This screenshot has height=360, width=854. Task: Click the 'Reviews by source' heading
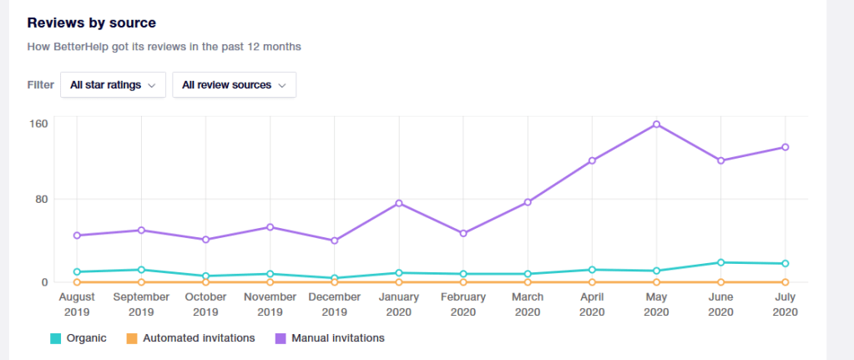[92, 23]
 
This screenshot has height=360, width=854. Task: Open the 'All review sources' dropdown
[234, 85]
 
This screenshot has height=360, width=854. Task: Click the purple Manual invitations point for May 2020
[657, 124]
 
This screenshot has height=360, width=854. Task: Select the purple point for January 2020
[399, 203]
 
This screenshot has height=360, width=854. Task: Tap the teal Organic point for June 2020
[721, 262]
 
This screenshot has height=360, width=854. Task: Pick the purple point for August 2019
[77, 236]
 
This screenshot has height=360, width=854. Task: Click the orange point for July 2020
[786, 282]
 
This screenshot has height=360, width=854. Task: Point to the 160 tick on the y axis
[39, 124]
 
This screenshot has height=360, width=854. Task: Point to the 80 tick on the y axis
[42, 199]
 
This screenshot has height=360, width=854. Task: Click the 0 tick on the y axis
[45, 282]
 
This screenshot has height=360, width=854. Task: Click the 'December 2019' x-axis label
[335, 304]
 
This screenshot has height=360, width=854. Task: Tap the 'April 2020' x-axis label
[592, 304]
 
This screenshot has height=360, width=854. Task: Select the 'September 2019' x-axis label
[141, 304]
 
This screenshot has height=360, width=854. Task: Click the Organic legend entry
[79, 338]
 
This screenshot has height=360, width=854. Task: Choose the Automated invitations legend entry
[191, 338]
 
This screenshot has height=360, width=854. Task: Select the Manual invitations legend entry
[330, 338]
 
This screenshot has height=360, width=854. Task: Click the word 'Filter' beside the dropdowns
[40, 85]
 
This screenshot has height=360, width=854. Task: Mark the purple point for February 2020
[463, 233]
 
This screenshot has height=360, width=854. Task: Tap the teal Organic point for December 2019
[335, 278]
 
